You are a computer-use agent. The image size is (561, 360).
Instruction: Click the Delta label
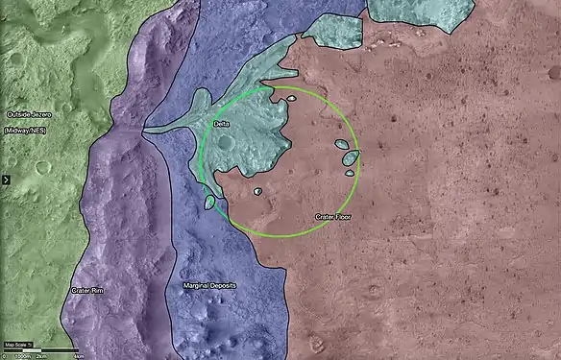coord(220,125)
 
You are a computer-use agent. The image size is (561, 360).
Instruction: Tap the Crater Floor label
coord(333,218)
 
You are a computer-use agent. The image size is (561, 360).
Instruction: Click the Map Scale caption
coord(18,344)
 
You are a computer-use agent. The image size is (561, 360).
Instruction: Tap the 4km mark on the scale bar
coord(77,354)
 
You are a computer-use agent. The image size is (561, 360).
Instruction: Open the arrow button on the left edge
coord(5,179)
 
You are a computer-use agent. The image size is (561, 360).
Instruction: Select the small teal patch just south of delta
coord(257,192)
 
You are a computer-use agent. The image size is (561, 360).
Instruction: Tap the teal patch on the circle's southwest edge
coord(209,203)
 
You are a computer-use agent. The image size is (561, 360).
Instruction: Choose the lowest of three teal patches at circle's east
coord(349,174)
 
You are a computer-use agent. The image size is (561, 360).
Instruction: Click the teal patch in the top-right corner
coord(420,10)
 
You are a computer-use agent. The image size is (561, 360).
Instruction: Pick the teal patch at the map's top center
coord(331,31)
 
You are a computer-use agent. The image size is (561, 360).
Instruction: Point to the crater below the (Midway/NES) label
coord(42,167)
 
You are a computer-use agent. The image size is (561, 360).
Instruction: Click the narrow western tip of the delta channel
coord(148,132)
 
